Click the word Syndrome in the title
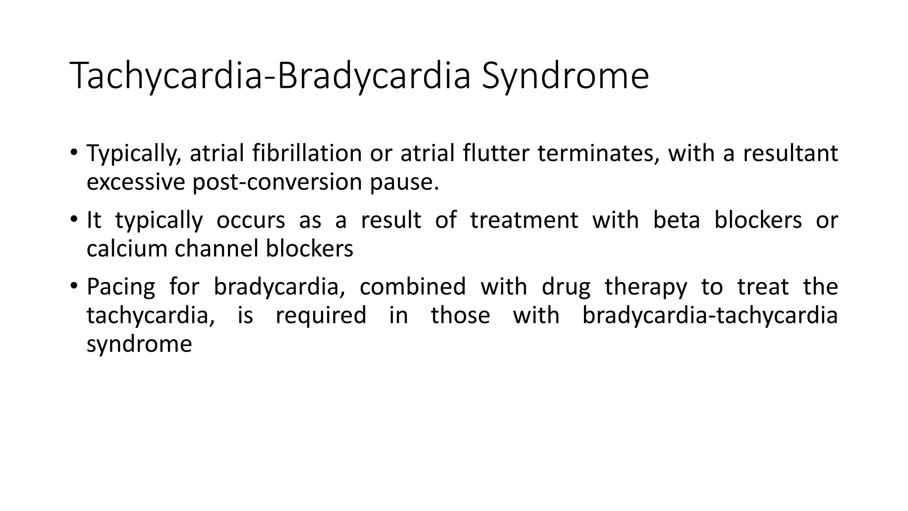565,76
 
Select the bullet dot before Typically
74,153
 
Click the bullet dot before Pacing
74,287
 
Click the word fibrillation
307,153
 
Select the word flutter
496,153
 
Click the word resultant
790,153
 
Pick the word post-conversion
277,182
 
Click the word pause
404,182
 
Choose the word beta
676,220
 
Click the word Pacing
121,287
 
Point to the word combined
412,287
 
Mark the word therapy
646,287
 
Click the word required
321,316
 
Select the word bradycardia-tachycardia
709,316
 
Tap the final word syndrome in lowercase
139,345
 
